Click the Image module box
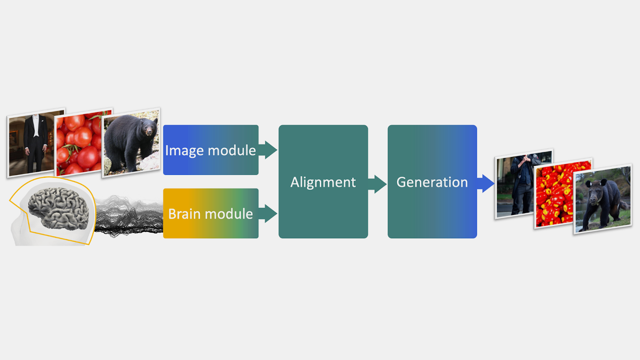(211, 150)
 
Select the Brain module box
(211, 213)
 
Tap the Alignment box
(323, 181)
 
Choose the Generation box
(432, 181)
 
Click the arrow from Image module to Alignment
(268, 150)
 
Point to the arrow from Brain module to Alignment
(268, 213)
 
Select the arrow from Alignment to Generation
(377, 184)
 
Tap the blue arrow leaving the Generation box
(486, 183)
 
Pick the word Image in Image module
(185, 151)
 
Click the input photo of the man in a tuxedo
(36, 143)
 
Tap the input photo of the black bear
(131, 143)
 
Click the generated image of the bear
(603, 199)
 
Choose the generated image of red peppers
(563, 193)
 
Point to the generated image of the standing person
(524, 184)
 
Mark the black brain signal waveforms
(129, 216)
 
